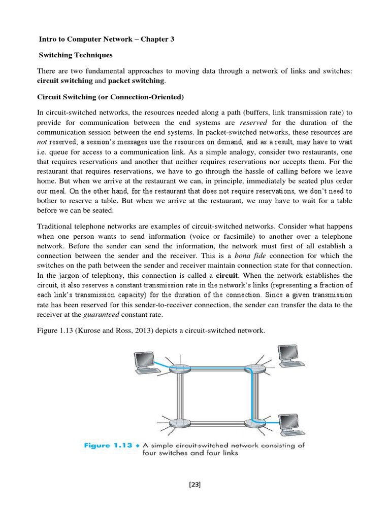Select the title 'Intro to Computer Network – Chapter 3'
(107, 39)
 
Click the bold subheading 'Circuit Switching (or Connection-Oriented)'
(111, 97)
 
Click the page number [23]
(195, 485)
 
